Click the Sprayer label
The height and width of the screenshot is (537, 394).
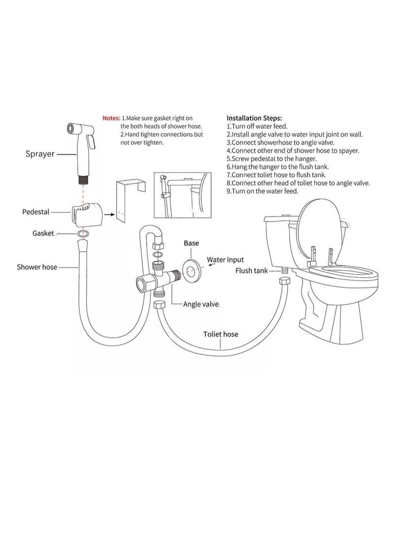click(41, 154)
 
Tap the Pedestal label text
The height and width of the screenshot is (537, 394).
click(35, 212)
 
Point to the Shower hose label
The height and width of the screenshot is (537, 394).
click(37, 267)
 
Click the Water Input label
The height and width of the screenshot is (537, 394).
click(225, 259)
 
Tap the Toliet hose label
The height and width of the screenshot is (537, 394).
click(221, 334)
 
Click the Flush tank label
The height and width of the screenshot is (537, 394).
click(251, 270)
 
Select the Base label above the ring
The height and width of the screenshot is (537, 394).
click(191, 243)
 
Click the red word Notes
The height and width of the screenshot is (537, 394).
click(111, 118)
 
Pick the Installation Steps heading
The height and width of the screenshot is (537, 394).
click(254, 119)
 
